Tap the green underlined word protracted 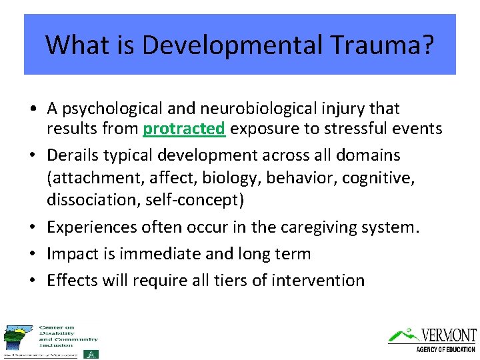point(184,129)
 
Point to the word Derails point(71,155)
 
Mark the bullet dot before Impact point(32,255)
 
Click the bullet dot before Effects point(32,281)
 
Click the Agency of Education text point(445,349)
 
